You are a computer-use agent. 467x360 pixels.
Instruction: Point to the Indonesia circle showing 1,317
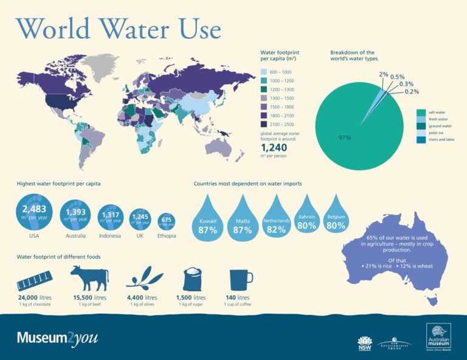coord(110,216)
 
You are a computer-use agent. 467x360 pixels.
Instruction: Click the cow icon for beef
coord(89,279)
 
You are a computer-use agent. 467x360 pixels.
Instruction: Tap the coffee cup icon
coord(238,279)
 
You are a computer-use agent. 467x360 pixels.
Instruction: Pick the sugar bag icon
coord(193,279)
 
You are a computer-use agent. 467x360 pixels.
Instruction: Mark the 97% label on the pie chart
coord(345,137)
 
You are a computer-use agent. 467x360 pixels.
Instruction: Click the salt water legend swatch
coord(421,112)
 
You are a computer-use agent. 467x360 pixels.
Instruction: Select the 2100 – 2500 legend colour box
coord(263,125)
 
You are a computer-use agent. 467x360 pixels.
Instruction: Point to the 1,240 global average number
coord(274,147)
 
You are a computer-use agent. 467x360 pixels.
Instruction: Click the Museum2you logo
coord(57,337)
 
